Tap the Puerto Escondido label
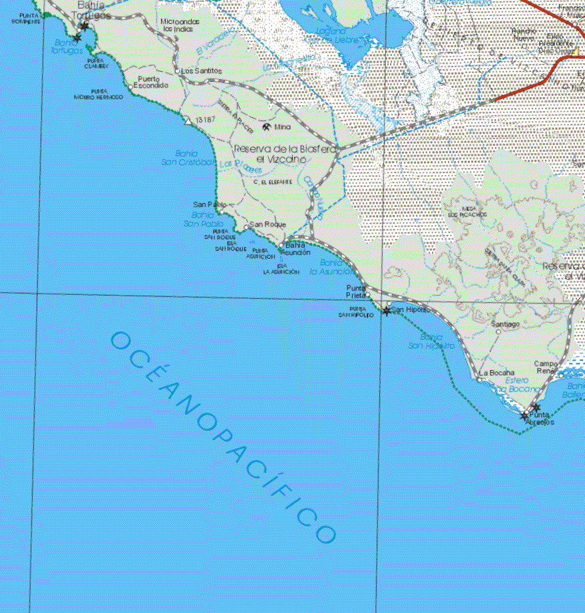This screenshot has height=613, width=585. tap(153, 82)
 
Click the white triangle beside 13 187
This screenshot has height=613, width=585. tap(188, 121)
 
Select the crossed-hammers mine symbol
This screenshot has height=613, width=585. tap(266, 126)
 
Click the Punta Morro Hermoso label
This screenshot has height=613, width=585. tap(99, 94)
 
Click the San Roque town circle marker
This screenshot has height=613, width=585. tap(246, 227)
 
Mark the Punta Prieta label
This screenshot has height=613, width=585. tap(355, 291)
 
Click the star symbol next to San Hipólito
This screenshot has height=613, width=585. tap(387, 311)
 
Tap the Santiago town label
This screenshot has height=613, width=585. tap(504, 324)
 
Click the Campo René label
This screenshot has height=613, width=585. tap(546, 367)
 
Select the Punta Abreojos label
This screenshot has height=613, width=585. tap(540, 419)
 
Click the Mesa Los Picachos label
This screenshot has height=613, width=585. tap(468, 212)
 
